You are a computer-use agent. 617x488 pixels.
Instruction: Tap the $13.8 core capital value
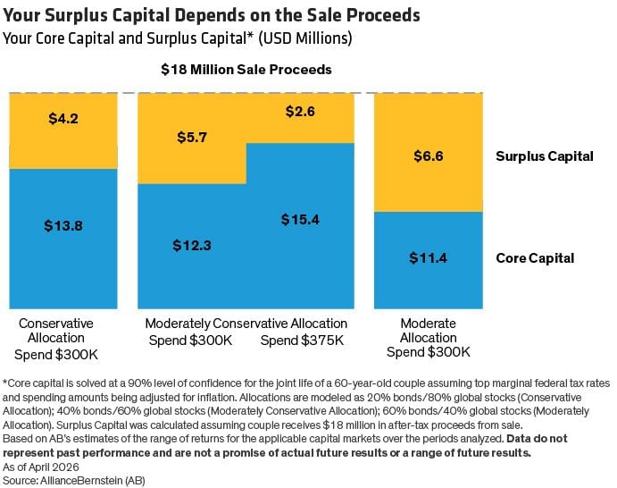pos(63,226)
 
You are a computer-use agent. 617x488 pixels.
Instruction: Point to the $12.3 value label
pos(192,246)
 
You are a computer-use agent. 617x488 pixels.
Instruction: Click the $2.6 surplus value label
pos(300,112)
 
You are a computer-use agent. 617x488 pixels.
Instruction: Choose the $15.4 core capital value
pos(300,219)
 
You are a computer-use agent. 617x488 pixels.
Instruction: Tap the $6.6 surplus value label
pos(428,156)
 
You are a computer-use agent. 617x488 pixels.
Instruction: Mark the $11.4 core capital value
pos(428,258)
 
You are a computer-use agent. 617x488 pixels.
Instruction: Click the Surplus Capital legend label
pos(545,156)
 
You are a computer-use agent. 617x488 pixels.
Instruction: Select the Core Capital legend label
pos(535,258)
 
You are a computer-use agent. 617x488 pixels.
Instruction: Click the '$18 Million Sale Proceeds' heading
pos(246,70)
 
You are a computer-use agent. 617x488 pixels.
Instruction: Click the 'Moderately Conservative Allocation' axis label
pos(246,324)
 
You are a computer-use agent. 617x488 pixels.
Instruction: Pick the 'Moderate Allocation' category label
pos(428,331)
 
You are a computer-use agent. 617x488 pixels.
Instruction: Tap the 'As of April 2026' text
pos(40,466)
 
